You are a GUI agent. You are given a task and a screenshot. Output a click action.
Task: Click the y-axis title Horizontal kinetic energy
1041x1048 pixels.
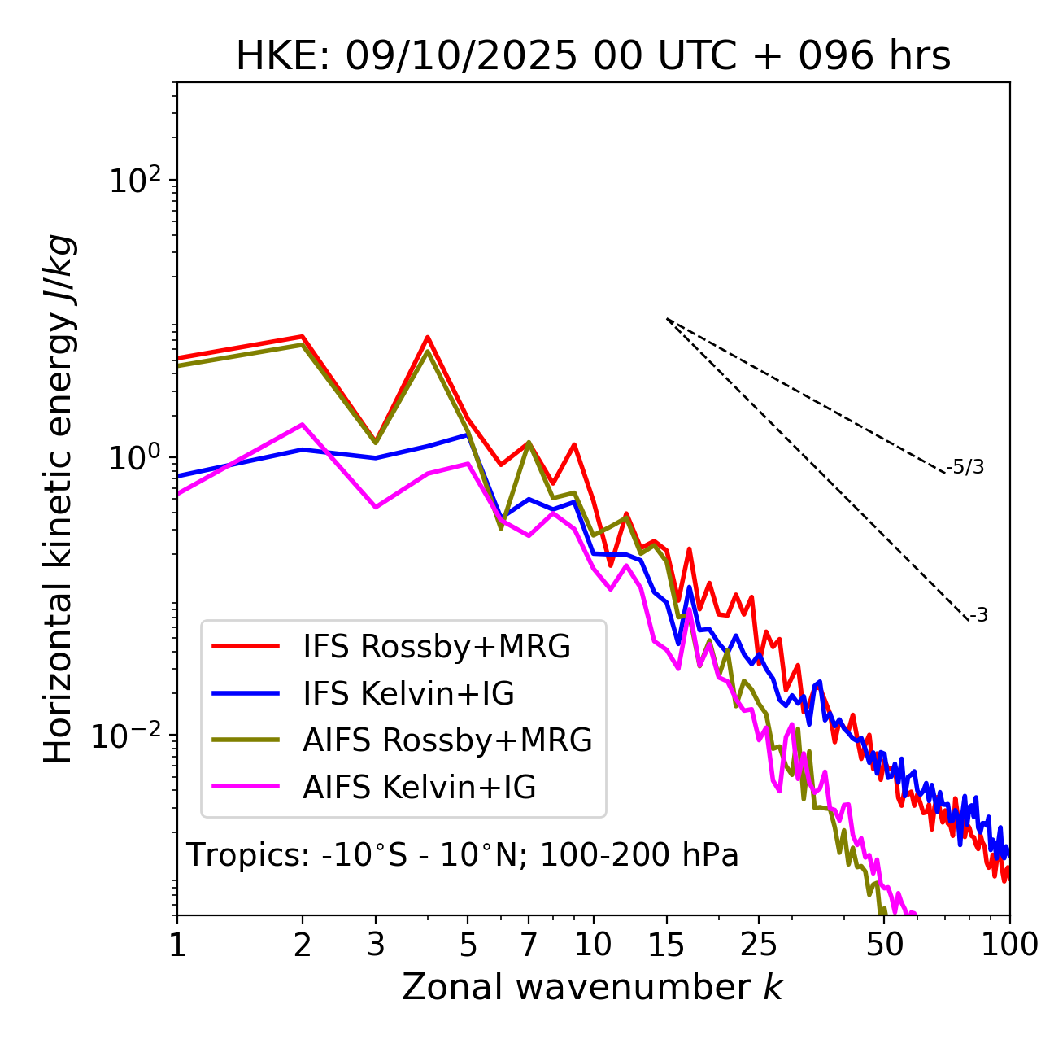(x=59, y=499)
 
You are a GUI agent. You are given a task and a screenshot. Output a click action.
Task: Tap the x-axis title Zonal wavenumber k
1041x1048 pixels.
(x=592, y=987)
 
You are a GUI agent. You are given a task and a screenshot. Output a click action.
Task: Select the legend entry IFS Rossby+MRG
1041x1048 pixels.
(x=436, y=647)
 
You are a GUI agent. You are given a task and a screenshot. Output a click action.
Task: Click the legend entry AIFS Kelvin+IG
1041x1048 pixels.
(x=419, y=788)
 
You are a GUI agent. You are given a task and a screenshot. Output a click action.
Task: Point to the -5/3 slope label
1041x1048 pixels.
(x=965, y=468)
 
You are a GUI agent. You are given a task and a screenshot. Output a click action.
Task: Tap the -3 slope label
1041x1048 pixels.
(x=979, y=616)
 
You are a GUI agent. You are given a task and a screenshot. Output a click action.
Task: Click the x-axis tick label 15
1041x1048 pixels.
(x=666, y=945)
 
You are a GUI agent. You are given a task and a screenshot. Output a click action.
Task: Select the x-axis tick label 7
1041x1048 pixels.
(x=529, y=945)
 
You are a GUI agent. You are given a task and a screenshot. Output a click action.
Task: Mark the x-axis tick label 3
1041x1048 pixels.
(x=376, y=945)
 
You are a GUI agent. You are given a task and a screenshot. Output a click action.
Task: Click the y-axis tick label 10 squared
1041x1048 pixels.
(x=137, y=181)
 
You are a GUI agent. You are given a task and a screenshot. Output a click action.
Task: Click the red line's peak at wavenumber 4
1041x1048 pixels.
(x=428, y=337)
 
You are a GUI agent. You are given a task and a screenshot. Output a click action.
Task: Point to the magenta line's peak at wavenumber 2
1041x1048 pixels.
(x=303, y=424)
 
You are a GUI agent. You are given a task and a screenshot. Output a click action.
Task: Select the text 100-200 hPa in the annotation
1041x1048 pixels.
(x=639, y=855)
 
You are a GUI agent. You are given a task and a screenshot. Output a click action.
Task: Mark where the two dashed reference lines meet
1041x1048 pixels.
(x=667, y=319)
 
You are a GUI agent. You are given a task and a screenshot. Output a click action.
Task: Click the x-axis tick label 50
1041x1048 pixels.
(x=885, y=945)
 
